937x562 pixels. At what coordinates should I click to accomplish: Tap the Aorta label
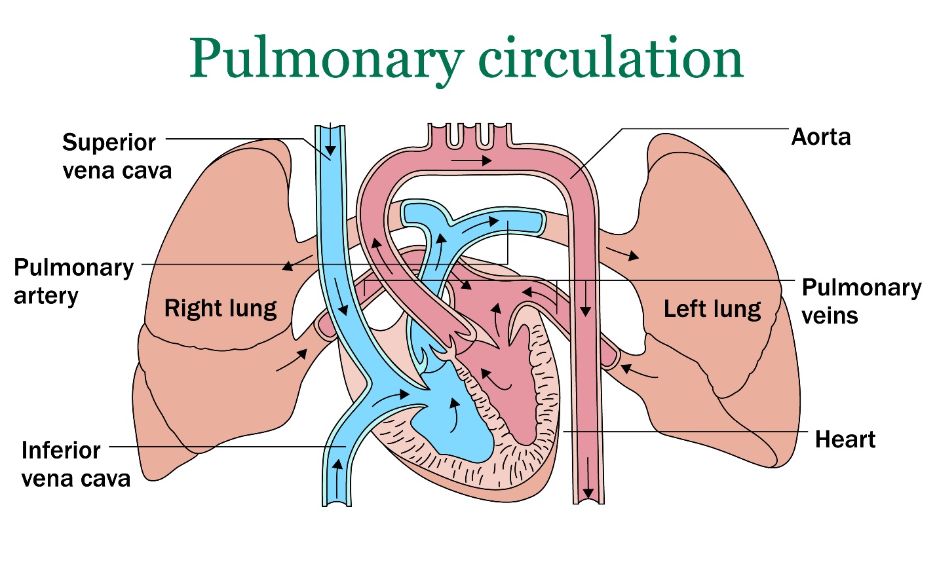click(x=820, y=137)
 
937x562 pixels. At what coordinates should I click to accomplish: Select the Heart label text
click(x=845, y=440)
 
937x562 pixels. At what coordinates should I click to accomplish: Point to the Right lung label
click(x=220, y=309)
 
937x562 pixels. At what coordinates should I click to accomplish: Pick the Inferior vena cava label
click(x=75, y=464)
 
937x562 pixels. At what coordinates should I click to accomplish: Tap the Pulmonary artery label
click(x=73, y=281)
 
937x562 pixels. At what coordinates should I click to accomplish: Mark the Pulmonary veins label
click(x=860, y=301)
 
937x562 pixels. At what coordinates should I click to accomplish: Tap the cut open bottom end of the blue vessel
click(x=337, y=504)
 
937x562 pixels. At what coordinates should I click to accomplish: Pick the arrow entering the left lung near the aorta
click(x=622, y=254)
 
